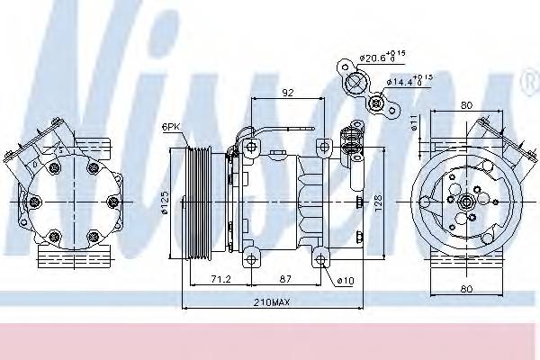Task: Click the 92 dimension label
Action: [288, 90]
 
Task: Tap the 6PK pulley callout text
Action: [172, 127]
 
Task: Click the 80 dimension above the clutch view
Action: [464, 104]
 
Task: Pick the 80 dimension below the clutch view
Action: [464, 290]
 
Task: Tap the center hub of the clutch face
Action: [466, 203]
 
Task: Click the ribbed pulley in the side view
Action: [197, 203]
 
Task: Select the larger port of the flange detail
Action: [355, 84]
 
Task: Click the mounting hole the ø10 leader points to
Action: [321, 262]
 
